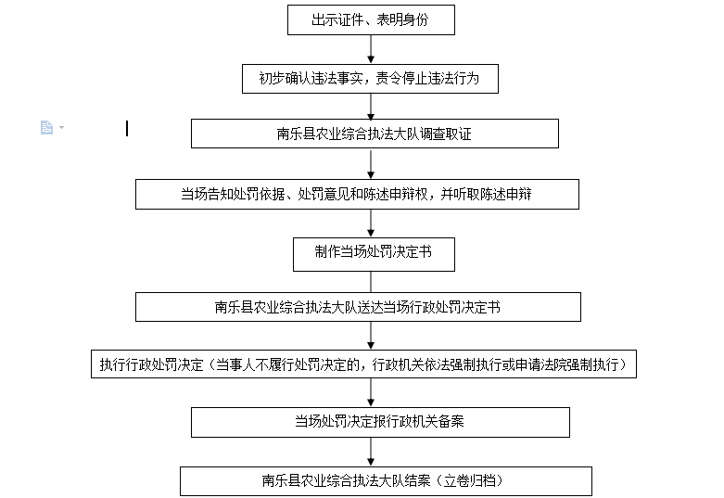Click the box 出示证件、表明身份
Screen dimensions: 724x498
click(x=371, y=19)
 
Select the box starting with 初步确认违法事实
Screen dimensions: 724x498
click(x=370, y=79)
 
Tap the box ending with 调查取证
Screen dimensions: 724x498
click(x=375, y=134)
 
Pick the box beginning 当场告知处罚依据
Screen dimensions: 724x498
click(x=357, y=194)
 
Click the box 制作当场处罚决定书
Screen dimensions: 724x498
click(x=374, y=254)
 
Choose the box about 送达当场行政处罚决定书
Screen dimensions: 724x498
click(x=358, y=307)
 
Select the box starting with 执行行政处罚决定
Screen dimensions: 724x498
click(x=363, y=364)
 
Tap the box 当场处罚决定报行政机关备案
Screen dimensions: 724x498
click(x=380, y=422)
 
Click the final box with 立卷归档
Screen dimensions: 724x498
click(x=386, y=481)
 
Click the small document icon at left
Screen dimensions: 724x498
click(x=46, y=127)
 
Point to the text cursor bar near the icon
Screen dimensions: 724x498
click(x=127, y=128)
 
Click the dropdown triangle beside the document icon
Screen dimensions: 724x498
click(x=61, y=127)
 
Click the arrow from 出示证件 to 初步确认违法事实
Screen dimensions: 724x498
click(x=371, y=49)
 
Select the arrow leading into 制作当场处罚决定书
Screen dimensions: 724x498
click(x=371, y=223)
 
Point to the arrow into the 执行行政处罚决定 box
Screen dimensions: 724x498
click(x=371, y=336)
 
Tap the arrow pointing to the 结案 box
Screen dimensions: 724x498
click(x=371, y=452)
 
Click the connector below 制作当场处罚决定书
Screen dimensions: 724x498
click(x=371, y=282)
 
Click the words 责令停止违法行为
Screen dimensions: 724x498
click(x=427, y=79)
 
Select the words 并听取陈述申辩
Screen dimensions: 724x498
click(x=486, y=194)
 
